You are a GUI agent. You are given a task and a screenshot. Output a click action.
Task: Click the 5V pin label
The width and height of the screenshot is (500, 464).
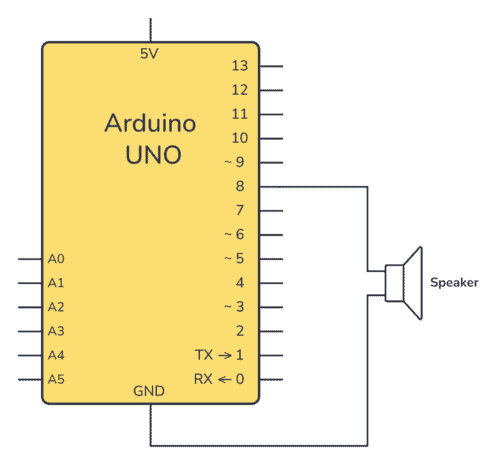[x=150, y=54]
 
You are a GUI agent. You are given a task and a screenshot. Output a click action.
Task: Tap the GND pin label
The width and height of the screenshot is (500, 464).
[x=150, y=392]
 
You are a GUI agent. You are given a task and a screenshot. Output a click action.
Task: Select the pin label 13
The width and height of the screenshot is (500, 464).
[x=239, y=66]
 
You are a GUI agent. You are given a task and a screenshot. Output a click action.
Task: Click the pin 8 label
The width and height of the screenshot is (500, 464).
[x=239, y=186]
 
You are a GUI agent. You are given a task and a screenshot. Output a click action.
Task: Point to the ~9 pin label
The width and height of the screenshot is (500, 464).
[x=234, y=162]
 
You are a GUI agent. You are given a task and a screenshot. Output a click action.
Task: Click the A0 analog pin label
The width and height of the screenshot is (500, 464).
[x=56, y=258]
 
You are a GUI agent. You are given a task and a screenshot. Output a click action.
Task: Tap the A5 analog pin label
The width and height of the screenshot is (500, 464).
[x=56, y=379]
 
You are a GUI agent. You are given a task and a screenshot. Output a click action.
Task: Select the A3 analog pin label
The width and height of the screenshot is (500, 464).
[x=56, y=331]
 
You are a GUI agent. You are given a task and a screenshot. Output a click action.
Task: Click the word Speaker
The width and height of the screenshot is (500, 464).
[x=454, y=283]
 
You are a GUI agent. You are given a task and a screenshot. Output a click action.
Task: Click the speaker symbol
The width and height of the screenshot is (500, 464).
[x=405, y=283]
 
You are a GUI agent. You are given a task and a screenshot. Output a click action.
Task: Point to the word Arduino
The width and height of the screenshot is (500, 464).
[x=150, y=124]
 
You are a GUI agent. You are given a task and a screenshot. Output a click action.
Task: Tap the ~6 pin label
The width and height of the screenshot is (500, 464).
[x=234, y=234]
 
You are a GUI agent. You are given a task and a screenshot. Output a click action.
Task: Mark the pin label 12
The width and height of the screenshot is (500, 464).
[x=239, y=90]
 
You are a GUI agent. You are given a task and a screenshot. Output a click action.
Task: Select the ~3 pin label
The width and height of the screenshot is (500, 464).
[x=234, y=306]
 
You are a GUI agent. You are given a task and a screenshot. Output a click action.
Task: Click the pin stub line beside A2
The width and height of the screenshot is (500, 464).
[x=30, y=306]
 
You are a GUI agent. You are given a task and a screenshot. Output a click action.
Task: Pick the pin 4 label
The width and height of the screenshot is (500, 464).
[x=239, y=282]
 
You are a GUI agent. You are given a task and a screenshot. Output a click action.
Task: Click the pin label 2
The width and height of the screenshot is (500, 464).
[x=239, y=331]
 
